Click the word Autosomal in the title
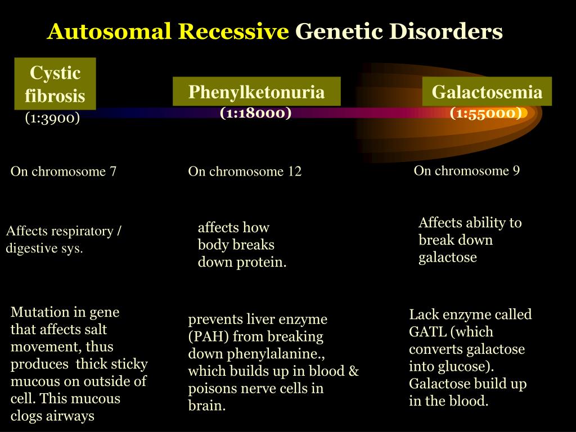110,31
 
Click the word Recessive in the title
233,31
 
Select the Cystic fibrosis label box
55,84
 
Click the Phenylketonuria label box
256,92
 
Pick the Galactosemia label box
487,92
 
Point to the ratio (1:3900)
52,118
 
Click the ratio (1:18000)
256,112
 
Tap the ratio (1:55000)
486,113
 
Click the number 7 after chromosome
112,172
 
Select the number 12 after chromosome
295,172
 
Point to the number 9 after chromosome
516,171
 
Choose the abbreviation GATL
427,332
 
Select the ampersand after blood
353,371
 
